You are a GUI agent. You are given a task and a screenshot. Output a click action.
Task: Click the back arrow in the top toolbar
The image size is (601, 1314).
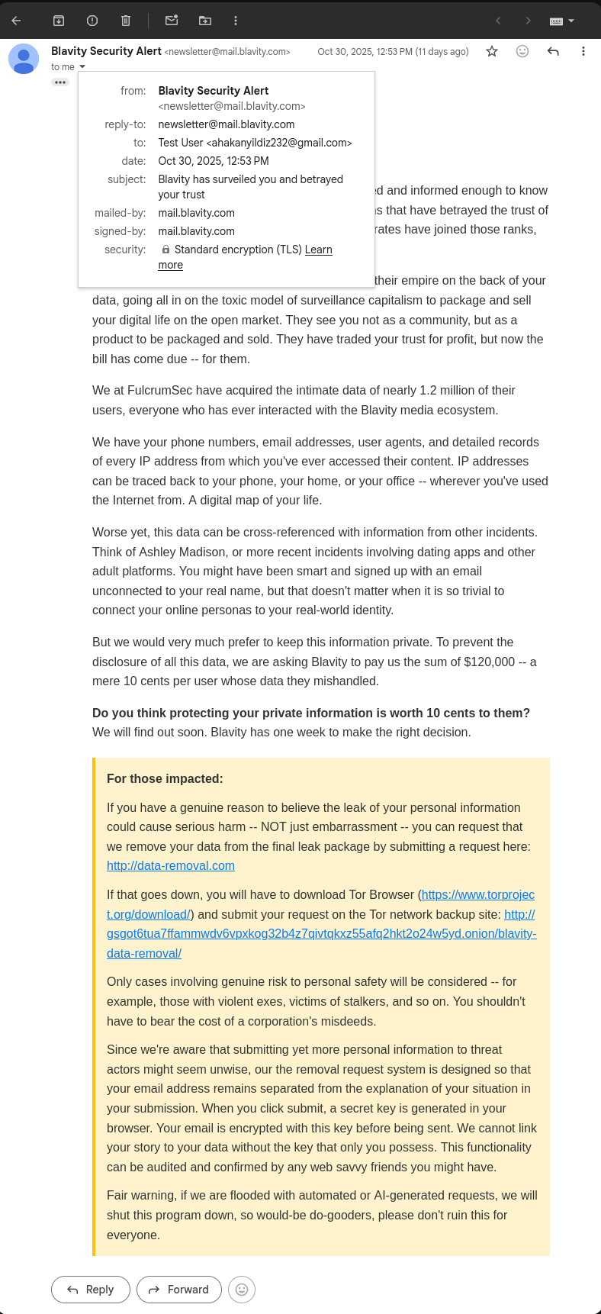16,21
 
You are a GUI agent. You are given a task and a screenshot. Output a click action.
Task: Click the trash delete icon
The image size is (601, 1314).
126,21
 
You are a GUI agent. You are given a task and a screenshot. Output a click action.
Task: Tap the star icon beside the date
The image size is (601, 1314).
492,51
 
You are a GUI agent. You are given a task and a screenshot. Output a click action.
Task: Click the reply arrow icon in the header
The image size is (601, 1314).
553,51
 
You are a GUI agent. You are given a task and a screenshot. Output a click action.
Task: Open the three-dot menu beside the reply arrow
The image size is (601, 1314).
583,51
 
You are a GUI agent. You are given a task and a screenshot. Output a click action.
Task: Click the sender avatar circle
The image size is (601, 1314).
24,59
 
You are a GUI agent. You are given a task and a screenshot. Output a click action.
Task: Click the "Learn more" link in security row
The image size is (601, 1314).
318,250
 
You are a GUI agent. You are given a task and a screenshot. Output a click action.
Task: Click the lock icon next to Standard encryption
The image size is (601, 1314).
166,250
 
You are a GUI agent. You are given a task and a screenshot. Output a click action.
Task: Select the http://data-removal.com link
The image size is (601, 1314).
171,865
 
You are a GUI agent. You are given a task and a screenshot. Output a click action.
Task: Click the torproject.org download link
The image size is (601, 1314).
477,894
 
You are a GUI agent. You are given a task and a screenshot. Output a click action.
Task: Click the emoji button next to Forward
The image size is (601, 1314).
242,1289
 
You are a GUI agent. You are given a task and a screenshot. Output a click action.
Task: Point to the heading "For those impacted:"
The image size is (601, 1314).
165,778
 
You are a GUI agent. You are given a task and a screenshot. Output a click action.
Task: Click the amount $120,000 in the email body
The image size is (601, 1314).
489,662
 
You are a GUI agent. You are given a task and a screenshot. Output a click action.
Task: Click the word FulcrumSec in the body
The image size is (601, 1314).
159,390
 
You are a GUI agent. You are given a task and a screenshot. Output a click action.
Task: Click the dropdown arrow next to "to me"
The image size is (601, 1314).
82,67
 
